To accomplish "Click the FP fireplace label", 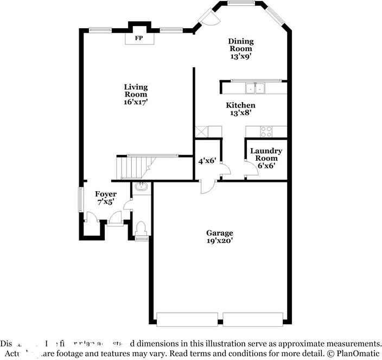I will click(x=139, y=38).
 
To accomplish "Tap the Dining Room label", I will click(x=240, y=45).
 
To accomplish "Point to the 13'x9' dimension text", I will click(x=240, y=55).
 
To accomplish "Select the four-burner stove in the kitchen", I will click(x=266, y=131).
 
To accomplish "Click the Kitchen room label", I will click(x=240, y=105).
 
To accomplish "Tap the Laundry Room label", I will click(x=266, y=154).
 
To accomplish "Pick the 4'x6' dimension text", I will click(x=207, y=161).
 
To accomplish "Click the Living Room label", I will click(x=136, y=91).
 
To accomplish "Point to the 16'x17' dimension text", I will click(x=136, y=102).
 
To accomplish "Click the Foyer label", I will click(x=106, y=194).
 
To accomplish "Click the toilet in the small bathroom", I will click(x=141, y=228).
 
